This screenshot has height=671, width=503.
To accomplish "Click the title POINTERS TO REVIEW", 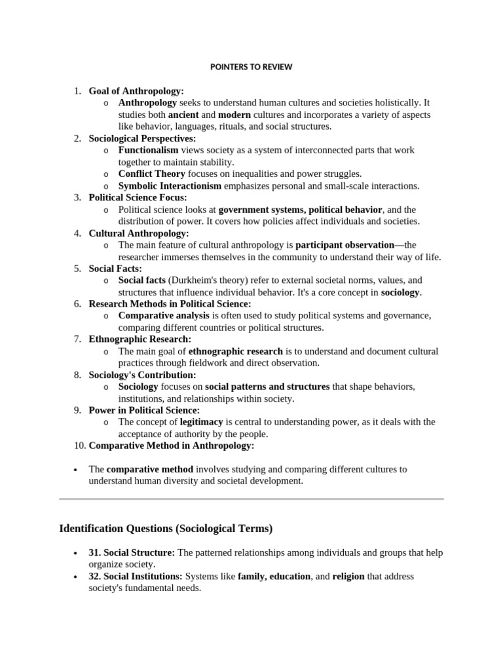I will (x=251, y=67).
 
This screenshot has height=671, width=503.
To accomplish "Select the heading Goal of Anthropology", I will (x=136, y=91).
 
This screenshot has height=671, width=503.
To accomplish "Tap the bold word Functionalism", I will (x=148, y=150).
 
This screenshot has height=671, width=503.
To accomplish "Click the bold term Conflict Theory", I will (x=151, y=174).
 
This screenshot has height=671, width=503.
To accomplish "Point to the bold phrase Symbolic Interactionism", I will (x=170, y=185).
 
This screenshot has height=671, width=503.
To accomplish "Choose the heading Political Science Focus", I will (x=138, y=197).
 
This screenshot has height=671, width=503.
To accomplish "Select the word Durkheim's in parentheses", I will (x=191, y=280).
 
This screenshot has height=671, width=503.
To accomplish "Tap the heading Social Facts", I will (x=115, y=269).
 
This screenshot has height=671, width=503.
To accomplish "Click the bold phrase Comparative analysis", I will (x=164, y=316).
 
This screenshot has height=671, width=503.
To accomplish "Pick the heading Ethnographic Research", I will (x=140, y=339).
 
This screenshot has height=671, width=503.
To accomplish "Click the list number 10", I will (x=79, y=446).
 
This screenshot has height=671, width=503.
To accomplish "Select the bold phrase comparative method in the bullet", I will (x=150, y=469).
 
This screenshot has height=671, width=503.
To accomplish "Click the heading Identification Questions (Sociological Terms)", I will (x=166, y=528).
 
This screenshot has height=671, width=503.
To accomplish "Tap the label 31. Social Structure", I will (x=139, y=553).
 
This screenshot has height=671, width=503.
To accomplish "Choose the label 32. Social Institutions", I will (x=143, y=577).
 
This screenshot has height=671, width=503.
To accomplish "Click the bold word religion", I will (x=348, y=577).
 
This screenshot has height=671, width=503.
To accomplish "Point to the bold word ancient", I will (x=183, y=115).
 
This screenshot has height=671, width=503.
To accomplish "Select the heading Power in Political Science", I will (x=144, y=410).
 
